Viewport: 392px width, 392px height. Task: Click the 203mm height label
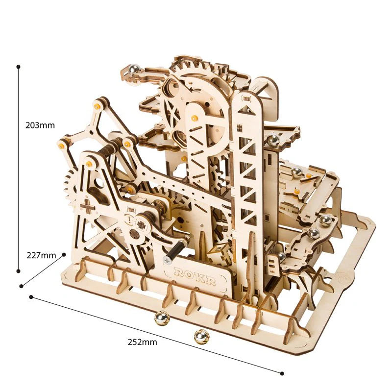click(x=40, y=125)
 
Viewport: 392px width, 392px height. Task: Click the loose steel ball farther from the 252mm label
click(x=162, y=319)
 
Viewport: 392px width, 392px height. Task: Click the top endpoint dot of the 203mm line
click(x=18, y=66)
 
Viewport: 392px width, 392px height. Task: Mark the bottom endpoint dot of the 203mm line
click(x=18, y=270)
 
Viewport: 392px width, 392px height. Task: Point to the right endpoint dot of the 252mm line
click(x=283, y=373)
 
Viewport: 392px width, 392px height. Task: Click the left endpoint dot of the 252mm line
click(x=31, y=297)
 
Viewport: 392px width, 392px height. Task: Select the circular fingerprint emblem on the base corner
click(x=343, y=277)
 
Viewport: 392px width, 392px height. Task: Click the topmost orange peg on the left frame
click(x=98, y=104)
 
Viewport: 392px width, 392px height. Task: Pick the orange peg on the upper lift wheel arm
click(x=195, y=118)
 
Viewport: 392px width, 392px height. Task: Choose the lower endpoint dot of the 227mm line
click(x=21, y=286)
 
